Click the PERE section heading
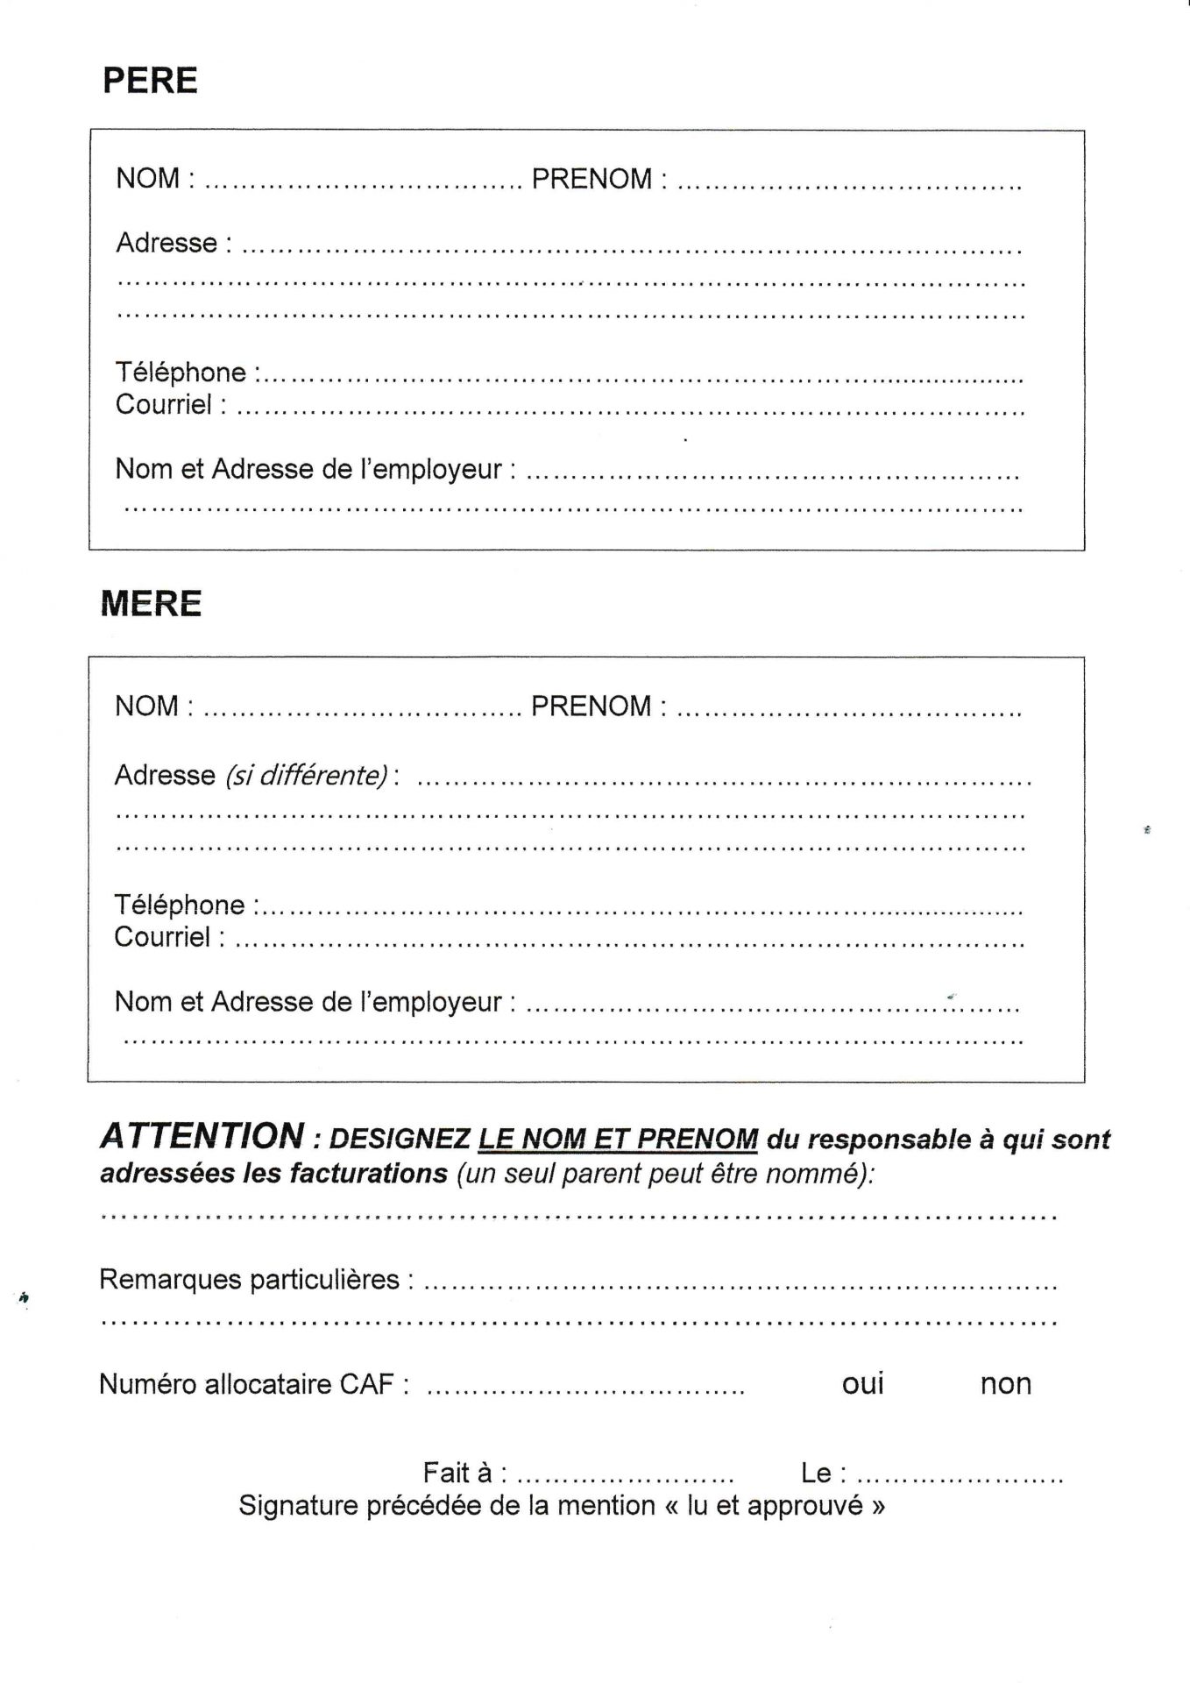tap(150, 81)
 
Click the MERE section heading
tap(151, 604)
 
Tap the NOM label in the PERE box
tap(147, 179)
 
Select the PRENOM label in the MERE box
tap(591, 707)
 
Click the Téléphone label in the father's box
tap(181, 373)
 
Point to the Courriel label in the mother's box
tap(162, 937)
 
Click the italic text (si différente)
tap(307, 776)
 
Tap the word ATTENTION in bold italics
tap(202, 1137)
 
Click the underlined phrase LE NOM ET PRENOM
tap(618, 1140)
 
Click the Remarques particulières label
tap(250, 1280)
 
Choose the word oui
tap(863, 1384)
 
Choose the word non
tap(1005, 1384)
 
